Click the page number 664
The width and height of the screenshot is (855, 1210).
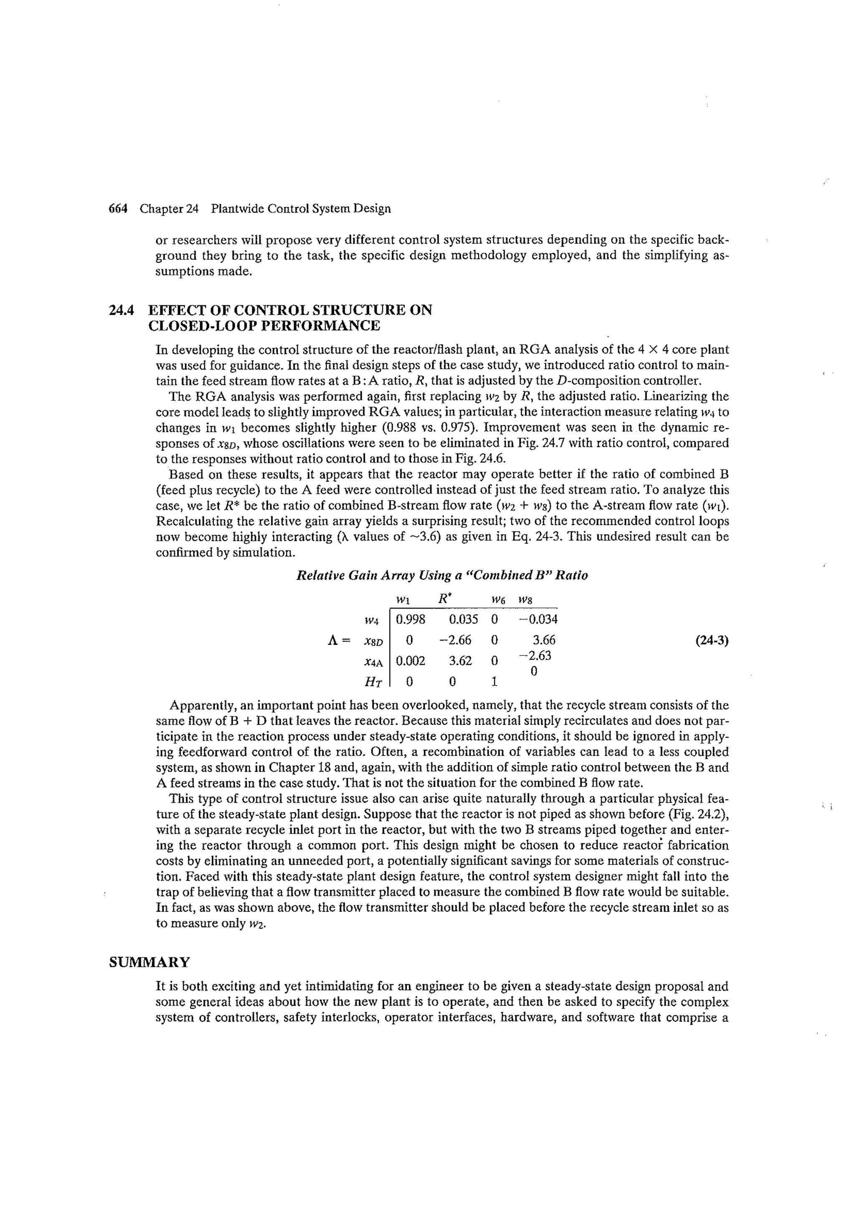118,209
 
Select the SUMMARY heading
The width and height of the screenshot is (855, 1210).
149,962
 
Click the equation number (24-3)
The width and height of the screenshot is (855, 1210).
712,641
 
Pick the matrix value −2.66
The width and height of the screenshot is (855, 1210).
455,640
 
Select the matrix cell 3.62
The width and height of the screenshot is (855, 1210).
460,661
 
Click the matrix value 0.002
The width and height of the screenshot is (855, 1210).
410,661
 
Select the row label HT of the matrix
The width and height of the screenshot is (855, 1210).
373,682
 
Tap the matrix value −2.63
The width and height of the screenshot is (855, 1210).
535,656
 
